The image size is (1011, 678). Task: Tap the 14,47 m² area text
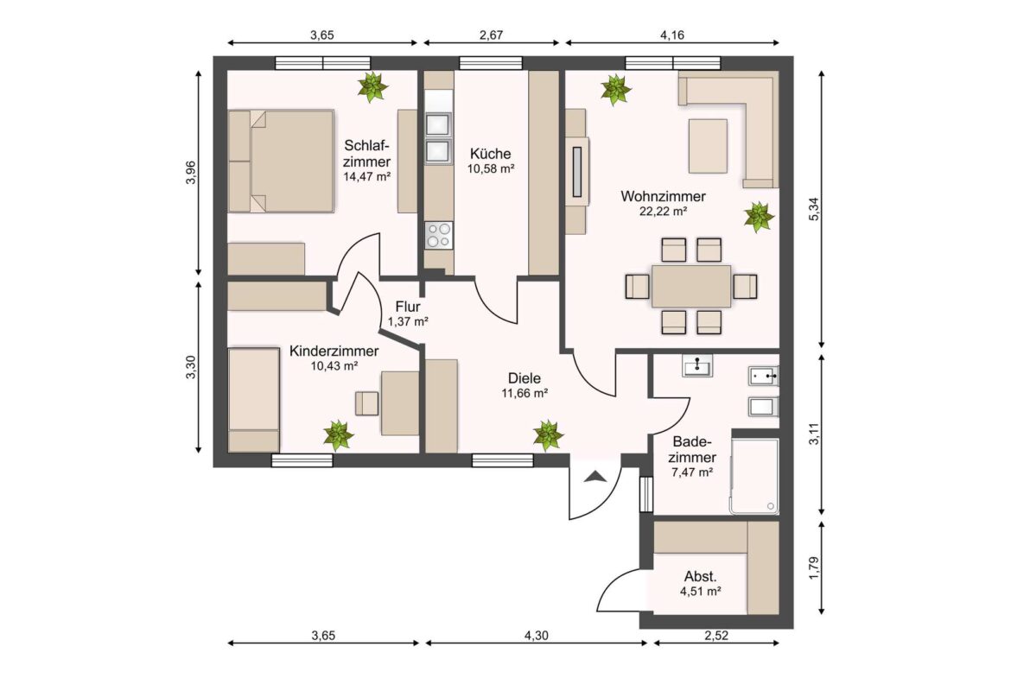coord(367,176)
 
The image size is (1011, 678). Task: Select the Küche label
coord(491,154)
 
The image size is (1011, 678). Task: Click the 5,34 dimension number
coord(814,210)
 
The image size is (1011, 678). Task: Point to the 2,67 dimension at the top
coord(492,35)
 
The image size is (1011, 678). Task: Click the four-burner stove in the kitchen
coord(438,235)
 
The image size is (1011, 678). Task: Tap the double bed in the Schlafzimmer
coord(281,162)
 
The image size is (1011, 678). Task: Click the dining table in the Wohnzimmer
coord(691,286)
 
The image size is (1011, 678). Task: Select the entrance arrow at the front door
coord(595,477)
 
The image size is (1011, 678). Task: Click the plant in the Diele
coord(548,435)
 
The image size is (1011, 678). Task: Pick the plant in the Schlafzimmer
coord(372,87)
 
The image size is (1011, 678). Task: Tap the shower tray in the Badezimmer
coord(754,476)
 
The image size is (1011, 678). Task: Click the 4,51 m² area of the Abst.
coord(700,591)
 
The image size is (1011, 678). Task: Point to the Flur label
coord(408,307)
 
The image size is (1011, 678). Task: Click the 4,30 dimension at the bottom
coord(536,636)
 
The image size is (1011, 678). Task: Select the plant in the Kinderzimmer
coord(338,435)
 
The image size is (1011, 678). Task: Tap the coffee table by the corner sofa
coord(708,146)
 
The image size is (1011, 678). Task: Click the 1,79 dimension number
coord(814,567)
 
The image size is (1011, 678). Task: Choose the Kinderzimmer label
coord(334,352)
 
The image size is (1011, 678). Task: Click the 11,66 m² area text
coord(525,393)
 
